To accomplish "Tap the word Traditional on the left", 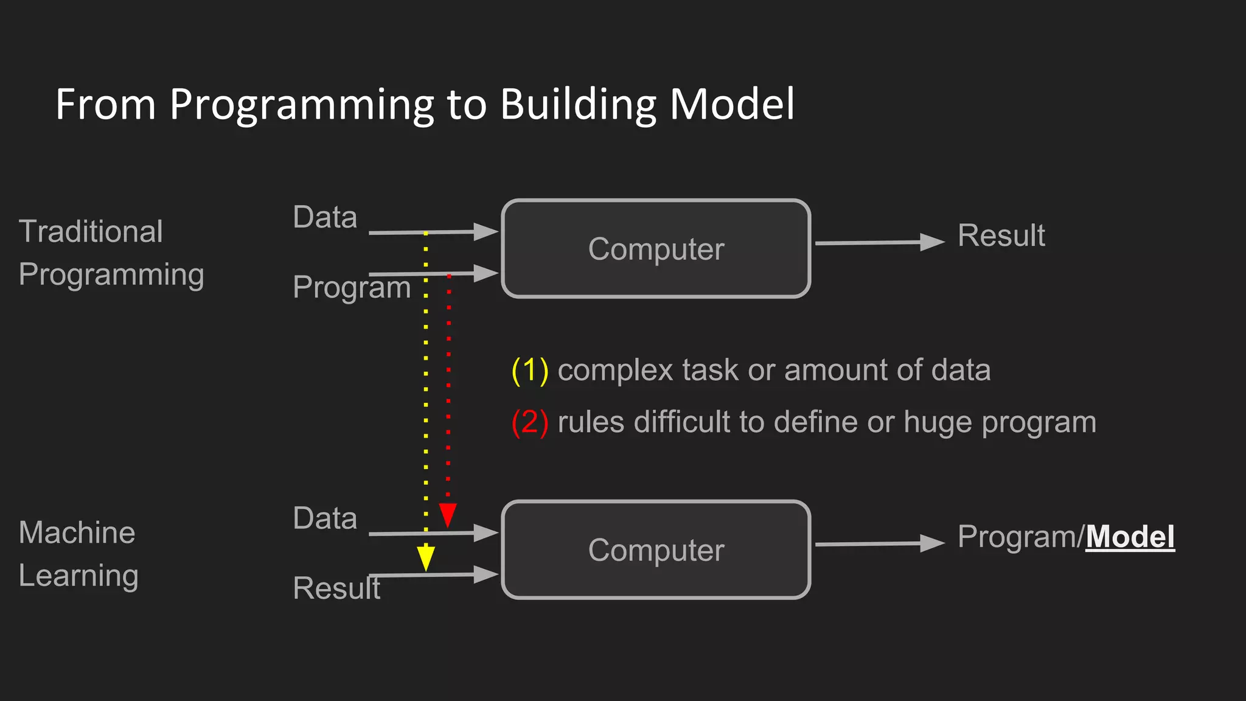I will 91,232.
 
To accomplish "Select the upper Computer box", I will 656,249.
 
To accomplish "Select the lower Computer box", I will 656,550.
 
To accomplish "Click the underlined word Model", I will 1130,537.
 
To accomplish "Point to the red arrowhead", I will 448,515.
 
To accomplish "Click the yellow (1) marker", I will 530,371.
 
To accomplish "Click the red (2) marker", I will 530,422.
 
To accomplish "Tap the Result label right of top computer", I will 1001,235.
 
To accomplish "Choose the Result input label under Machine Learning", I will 336,588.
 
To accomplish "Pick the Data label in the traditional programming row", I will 325,217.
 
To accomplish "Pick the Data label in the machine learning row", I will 325,518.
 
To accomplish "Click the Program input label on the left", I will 352,287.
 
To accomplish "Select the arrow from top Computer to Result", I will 879,242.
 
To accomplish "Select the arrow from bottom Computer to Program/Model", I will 879,543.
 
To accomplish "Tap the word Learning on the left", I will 78,576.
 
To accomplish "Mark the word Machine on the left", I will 77,533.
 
